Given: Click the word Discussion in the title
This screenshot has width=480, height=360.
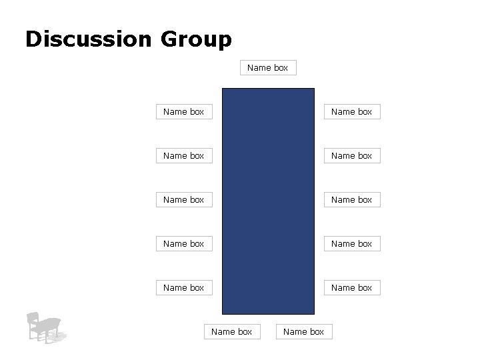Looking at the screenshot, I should pyautogui.click(x=89, y=39).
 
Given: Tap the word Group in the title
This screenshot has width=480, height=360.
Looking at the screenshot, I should pyautogui.click(x=196, y=40).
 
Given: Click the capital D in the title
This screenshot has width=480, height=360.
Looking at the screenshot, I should pyautogui.click(x=33, y=39).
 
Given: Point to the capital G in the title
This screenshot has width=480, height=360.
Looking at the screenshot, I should pyautogui.click(x=169, y=39).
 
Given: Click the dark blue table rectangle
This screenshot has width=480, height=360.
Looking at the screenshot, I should pyautogui.click(x=268, y=201).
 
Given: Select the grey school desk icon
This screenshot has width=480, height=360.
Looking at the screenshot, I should pyautogui.click(x=45, y=327).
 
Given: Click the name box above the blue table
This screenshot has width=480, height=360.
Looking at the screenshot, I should pyautogui.click(x=268, y=67).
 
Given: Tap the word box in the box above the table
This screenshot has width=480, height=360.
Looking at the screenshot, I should pyautogui.click(x=281, y=67).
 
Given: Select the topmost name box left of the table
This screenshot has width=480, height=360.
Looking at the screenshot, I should pyautogui.click(x=184, y=111).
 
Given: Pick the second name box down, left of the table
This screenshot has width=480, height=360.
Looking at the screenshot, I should pyautogui.click(x=184, y=155).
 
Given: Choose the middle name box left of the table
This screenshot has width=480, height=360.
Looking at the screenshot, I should pyautogui.click(x=184, y=199).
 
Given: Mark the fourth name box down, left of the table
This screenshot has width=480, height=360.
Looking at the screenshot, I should pyautogui.click(x=184, y=243).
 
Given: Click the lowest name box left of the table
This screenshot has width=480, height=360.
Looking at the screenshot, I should pyautogui.click(x=184, y=287).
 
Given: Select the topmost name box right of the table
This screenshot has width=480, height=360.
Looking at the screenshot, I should pyautogui.click(x=352, y=111).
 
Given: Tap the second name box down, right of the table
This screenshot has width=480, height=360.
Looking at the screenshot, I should pyautogui.click(x=352, y=155).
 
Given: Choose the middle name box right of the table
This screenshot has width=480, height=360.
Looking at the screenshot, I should pyautogui.click(x=352, y=199).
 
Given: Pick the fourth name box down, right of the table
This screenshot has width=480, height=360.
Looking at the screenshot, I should pyautogui.click(x=352, y=243).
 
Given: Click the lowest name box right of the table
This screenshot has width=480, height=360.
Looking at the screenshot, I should pyautogui.click(x=352, y=287).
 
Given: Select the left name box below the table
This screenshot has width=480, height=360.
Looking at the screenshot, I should pyautogui.click(x=232, y=331).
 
